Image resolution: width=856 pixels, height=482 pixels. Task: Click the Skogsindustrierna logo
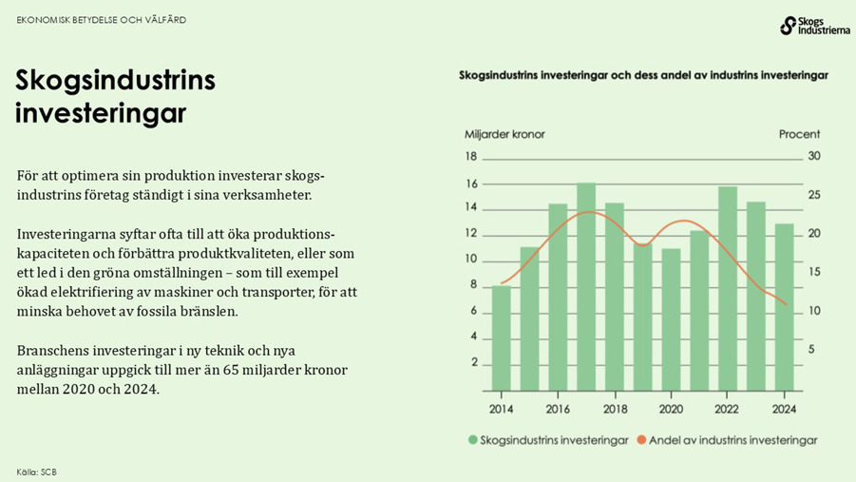tap(814, 26)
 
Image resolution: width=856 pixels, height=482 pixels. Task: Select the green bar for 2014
tap(501, 337)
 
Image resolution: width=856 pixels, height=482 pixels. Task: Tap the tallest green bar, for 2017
tap(586, 286)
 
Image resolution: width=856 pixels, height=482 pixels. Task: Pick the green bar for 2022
tap(728, 288)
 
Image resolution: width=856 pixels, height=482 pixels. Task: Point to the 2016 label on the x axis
tap(558, 409)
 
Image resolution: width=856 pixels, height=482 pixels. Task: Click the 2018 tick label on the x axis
tap(615, 409)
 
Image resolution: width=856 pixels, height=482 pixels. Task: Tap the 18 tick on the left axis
tap(470, 157)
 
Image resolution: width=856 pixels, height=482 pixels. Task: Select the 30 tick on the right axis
tap(813, 157)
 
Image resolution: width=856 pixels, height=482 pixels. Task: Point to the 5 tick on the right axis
tap(810, 349)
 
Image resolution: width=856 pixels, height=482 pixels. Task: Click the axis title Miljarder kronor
tap(504, 134)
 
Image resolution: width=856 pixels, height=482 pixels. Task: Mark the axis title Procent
tap(799, 134)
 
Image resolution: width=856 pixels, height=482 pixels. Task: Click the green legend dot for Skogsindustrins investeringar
tap(472, 440)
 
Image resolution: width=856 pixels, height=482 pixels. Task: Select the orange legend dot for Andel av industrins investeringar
tap(641, 440)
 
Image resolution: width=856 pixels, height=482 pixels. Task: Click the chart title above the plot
tap(643, 74)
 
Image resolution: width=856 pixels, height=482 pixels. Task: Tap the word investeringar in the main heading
tap(100, 114)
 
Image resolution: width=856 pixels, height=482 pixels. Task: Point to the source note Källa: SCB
tap(36, 472)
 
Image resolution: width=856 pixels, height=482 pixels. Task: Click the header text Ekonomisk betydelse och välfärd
tap(101, 20)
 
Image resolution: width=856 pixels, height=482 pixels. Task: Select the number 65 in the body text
tap(262, 370)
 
